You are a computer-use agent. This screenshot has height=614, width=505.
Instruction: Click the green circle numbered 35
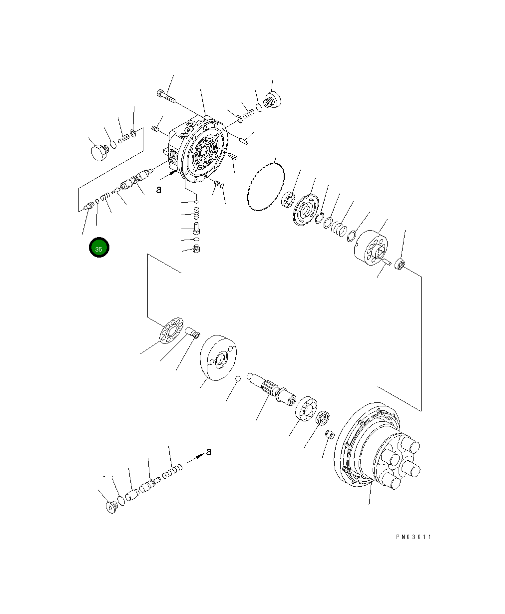(x=99, y=248)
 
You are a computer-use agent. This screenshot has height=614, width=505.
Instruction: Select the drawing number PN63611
(x=413, y=537)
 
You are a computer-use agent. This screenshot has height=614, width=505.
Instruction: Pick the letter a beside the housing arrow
(x=158, y=189)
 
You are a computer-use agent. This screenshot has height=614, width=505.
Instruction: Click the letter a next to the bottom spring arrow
(x=209, y=452)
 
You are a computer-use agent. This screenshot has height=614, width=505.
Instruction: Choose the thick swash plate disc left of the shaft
(x=219, y=357)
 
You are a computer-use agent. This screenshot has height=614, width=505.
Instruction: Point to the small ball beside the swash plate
(x=239, y=378)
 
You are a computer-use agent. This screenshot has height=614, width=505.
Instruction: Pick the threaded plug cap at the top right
(x=273, y=100)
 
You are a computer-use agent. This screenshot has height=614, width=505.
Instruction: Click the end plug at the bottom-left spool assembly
(x=112, y=507)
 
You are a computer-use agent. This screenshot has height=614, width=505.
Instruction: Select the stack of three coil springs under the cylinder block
(x=339, y=229)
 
